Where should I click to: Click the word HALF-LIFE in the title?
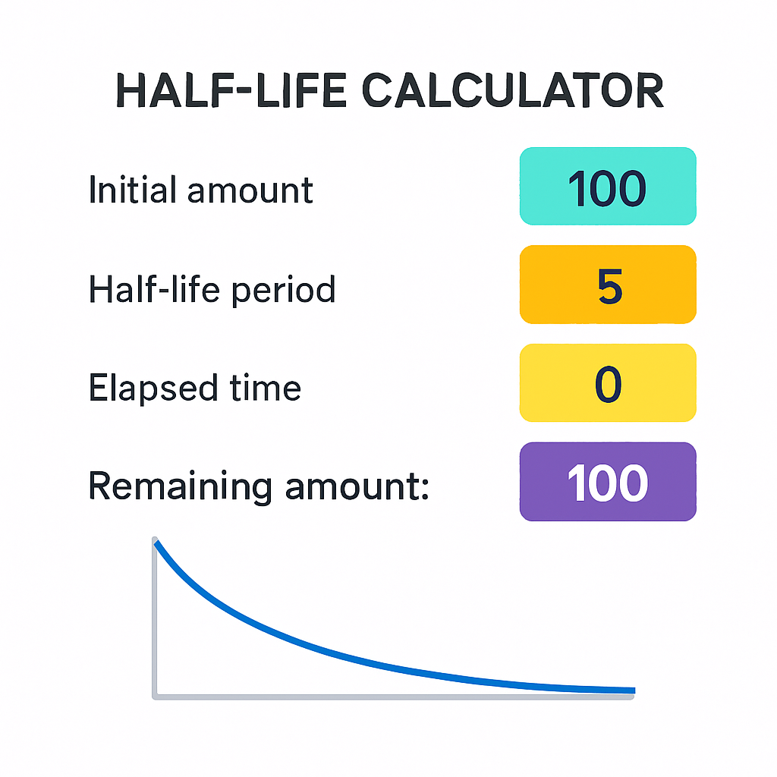point(231,90)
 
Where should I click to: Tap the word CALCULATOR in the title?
point(513,90)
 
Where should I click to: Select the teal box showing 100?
point(608,187)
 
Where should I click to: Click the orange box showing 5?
point(608,285)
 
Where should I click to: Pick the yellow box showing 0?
point(608,382)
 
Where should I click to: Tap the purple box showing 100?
point(608,482)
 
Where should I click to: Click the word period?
point(284,290)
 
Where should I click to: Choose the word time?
point(265,387)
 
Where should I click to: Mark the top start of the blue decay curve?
point(156,543)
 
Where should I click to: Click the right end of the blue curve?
point(634,690)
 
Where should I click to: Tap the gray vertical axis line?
point(155,618)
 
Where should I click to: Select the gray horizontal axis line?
point(393,697)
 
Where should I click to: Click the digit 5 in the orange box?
point(609,286)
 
